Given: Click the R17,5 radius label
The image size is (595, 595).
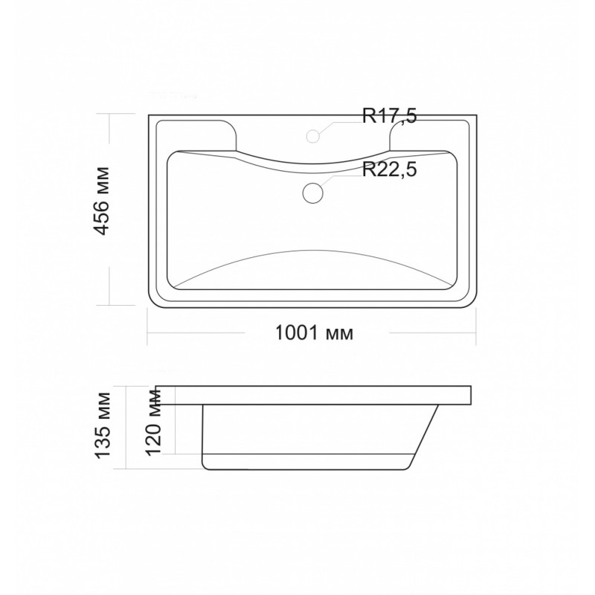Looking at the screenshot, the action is [x=389, y=116].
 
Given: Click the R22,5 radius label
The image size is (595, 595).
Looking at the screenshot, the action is [x=389, y=169].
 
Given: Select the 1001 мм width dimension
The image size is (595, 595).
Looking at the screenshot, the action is [x=314, y=333].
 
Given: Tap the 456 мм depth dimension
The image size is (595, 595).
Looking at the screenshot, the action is [x=102, y=201].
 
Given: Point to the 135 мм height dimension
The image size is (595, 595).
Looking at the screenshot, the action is [x=103, y=425].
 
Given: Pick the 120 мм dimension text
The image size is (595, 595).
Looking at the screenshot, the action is [x=154, y=422].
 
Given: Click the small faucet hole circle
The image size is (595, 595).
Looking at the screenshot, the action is [x=312, y=136].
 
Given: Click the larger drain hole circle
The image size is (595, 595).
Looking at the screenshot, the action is [x=312, y=193].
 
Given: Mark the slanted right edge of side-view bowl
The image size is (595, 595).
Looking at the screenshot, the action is [x=424, y=437].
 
